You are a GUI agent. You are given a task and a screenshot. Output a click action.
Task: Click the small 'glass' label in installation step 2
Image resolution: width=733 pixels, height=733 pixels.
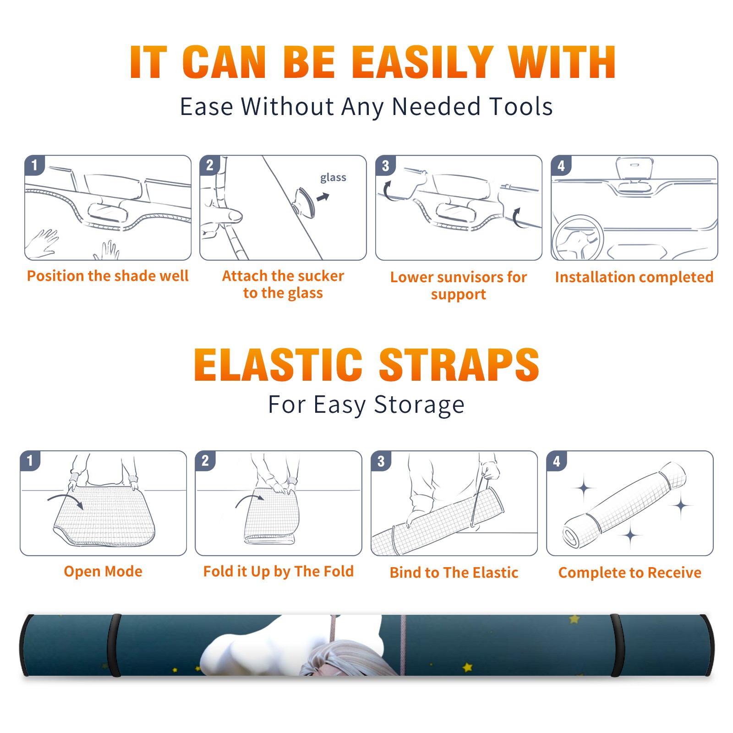(x=333, y=178)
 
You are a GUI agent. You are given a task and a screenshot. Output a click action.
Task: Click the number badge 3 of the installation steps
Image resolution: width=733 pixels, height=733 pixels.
(x=385, y=165)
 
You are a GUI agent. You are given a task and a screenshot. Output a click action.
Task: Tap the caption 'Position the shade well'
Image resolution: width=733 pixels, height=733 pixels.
(x=108, y=276)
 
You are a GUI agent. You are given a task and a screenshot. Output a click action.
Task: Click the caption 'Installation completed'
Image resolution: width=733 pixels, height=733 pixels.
(x=634, y=277)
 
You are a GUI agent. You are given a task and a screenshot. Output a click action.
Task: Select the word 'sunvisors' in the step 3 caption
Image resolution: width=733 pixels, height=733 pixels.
(x=468, y=277)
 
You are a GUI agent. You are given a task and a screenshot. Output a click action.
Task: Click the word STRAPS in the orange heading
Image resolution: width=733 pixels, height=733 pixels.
(x=459, y=365)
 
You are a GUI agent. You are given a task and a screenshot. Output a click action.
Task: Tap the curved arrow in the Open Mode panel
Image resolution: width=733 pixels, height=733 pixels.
(x=66, y=500)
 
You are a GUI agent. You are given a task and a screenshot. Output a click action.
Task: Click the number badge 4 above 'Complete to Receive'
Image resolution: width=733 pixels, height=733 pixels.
(x=557, y=461)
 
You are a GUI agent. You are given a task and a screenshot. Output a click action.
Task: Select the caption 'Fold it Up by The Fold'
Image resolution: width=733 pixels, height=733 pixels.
(x=279, y=571)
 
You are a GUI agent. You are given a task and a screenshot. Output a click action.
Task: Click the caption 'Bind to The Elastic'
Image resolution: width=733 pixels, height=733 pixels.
(x=454, y=573)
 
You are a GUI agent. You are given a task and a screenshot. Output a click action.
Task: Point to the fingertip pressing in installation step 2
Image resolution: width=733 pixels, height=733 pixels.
(x=234, y=215)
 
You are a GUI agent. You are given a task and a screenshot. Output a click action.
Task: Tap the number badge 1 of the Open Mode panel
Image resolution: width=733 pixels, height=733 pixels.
(x=30, y=460)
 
